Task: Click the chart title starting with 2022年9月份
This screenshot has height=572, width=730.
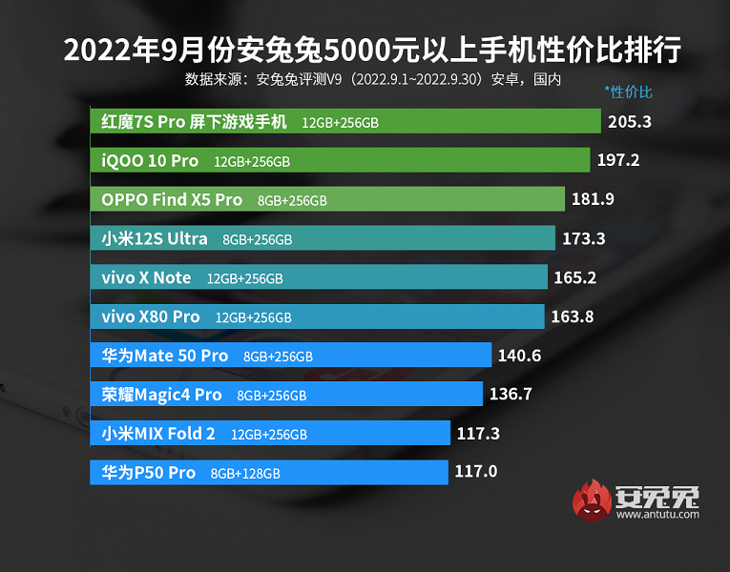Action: click(x=373, y=50)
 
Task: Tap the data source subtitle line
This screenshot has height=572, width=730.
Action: click(x=373, y=79)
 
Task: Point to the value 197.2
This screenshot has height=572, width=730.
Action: click(x=618, y=160)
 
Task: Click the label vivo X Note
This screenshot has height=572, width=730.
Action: click(x=146, y=277)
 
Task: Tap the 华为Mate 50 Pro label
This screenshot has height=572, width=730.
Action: click(x=165, y=356)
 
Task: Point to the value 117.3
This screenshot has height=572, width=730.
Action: click(x=478, y=433)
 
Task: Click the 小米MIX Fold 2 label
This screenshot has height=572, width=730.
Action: click(x=158, y=433)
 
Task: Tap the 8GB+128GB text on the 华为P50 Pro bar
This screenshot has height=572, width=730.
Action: click(x=245, y=473)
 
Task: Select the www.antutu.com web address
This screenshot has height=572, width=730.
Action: click(x=657, y=516)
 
